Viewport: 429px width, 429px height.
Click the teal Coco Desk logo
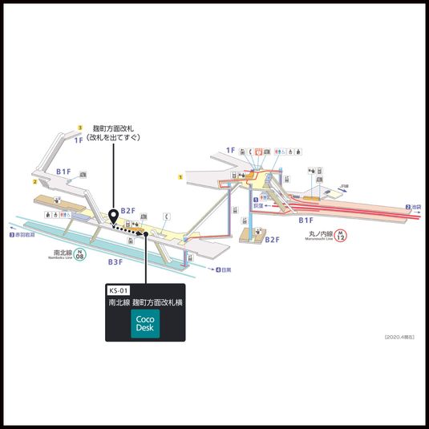145,324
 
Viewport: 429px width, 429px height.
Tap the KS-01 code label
119,290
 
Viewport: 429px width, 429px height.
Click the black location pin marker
114,214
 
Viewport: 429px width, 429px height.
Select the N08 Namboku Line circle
78,256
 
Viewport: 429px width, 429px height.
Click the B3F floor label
116,261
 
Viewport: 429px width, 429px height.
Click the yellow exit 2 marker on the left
35,182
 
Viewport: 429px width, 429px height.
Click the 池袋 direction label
415,207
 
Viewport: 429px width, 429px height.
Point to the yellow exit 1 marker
181,176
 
